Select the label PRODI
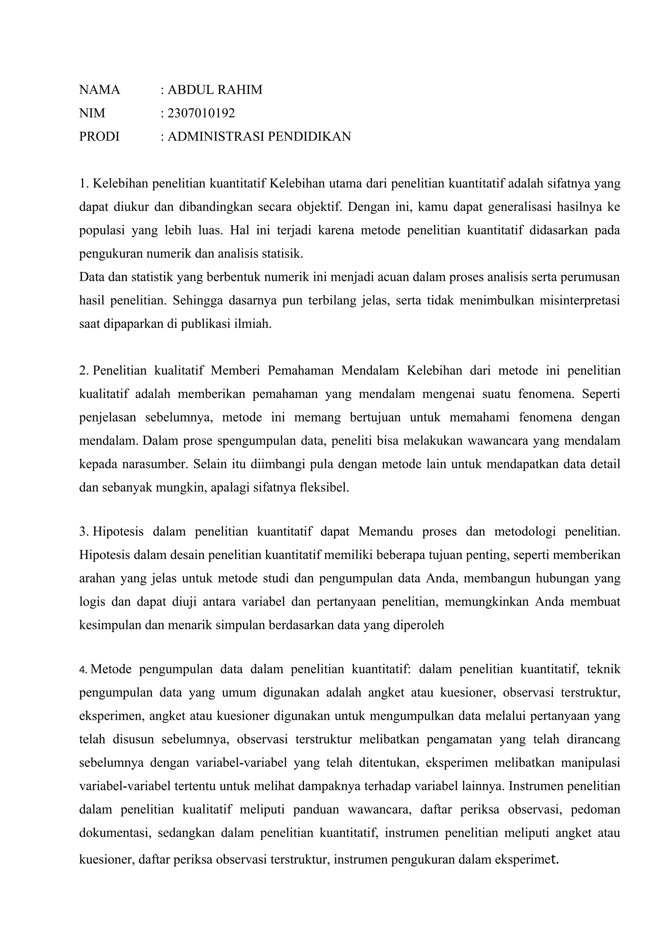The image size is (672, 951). pos(99,136)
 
